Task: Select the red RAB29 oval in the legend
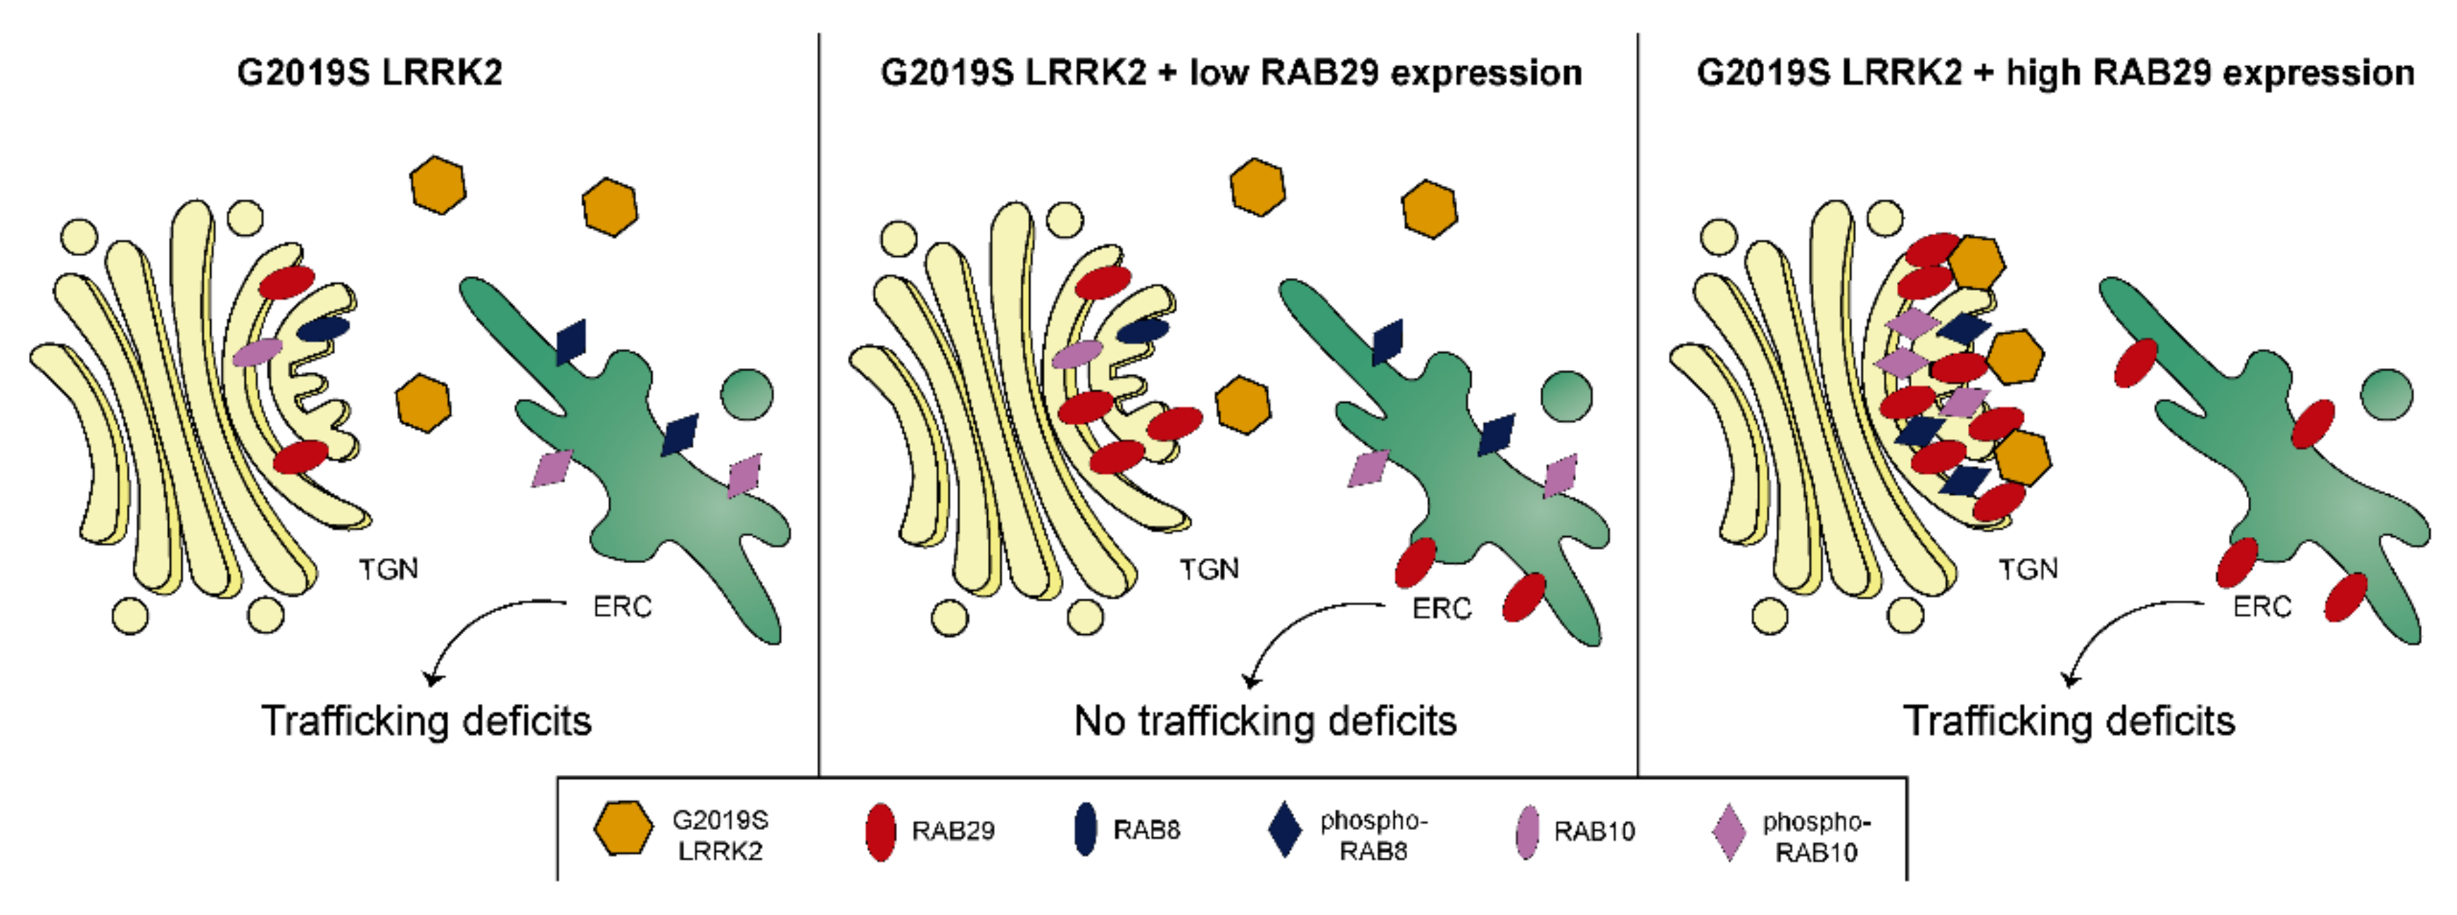point(880,832)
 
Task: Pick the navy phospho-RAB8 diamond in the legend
point(1285,829)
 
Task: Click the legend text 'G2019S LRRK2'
point(720,835)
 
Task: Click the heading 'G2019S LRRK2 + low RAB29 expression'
point(1231,72)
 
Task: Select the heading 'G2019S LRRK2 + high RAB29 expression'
point(2055,72)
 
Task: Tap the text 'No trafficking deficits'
point(1266,721)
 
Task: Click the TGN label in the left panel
point(388,569)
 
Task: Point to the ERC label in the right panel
point(2262,607)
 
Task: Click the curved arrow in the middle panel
point(1293,620)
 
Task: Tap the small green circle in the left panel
point(747,394)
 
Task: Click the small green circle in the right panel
point(2387,394)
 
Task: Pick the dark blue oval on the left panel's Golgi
point(322,328)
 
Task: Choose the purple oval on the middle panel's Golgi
point(1077,354)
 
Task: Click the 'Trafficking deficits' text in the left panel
point(426,721)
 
